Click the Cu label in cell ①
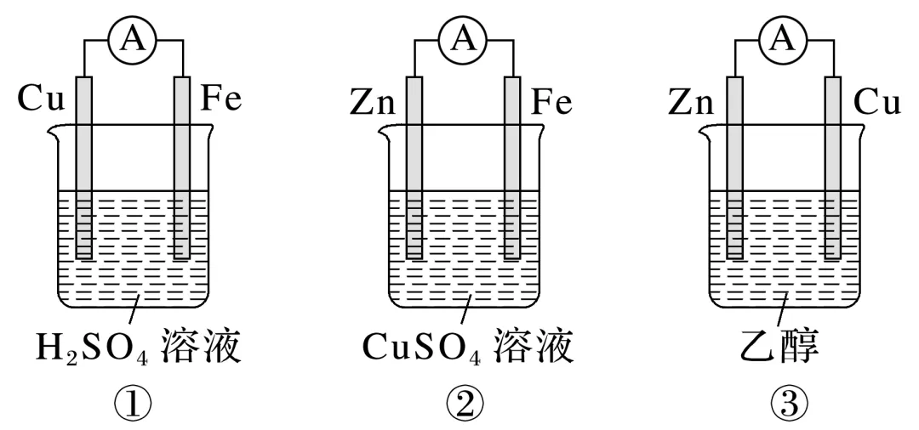[42, 101]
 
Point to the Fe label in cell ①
[222, 100]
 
